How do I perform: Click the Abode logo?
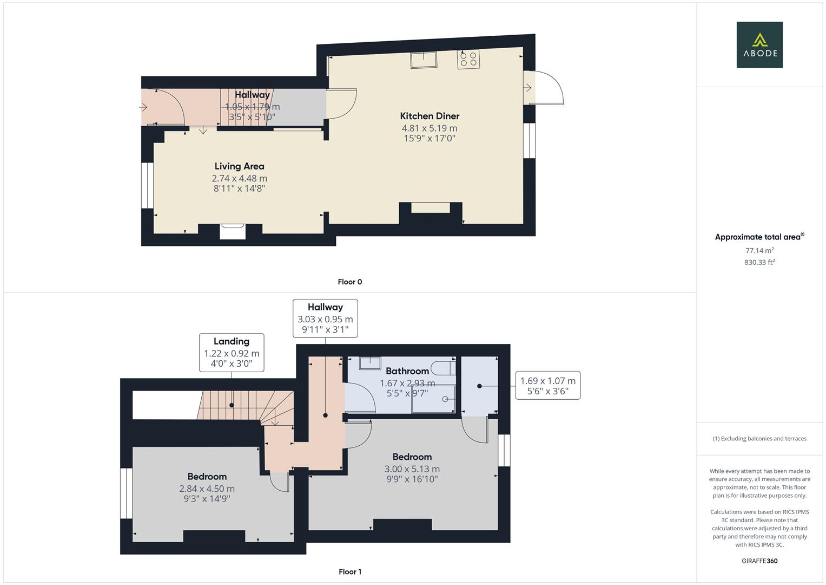pyautogui.click(x=759, y=45)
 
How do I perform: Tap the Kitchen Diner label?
pyautogui.click(x=429, y=116)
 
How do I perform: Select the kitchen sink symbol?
pyautogui.click(x=424, y=60)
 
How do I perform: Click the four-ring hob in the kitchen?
pyautogui.click(x=468, y=59)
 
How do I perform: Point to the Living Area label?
pyautogui.click(x=239, y=166)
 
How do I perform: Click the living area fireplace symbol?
pyautogui.click(x=233, y=231)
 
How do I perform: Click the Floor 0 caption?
pyautogui.click(x=349, y=282)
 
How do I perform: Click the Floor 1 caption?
pyautogui.click(x=349, y=571)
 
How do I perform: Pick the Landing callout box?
pyautogui.click(x=232, y=353)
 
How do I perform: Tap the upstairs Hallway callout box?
pyautogui.click(x=325, y=318)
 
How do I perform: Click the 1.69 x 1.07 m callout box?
pyautogui.click(x=547, y=386)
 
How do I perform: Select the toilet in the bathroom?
pyautogui.click(x=446, y=368)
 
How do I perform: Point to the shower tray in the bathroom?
pyautogui.click(x=434, y=399)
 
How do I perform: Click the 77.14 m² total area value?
pyautogui.click(x=759, y=250)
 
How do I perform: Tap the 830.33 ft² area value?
pyautogui.click(x=759, y=262)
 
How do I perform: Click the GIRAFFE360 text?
pyautogui.click(x=759, y=561)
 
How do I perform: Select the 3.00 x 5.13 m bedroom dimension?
pyautogui.click(x=412, y=469)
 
